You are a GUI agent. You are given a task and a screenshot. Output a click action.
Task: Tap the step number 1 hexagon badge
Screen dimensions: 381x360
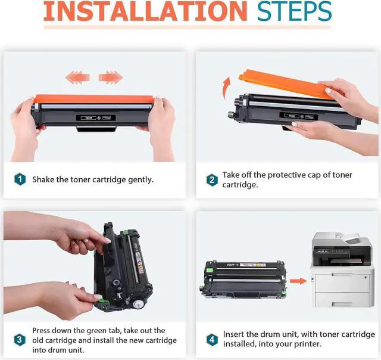pos(20,179)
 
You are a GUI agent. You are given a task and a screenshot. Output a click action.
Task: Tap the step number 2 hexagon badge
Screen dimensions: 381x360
pos(212,180)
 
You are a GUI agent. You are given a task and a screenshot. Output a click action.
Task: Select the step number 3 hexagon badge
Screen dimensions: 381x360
pos(20,340)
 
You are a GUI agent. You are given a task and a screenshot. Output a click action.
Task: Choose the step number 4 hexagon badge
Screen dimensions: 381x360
pos(212,339)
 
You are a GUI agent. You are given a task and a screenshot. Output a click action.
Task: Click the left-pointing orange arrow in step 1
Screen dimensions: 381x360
pos(77,77)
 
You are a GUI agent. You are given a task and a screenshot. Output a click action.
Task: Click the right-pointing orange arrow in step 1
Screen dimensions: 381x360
pos(111,77)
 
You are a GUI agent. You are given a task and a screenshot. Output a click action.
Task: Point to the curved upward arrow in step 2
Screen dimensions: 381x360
pos(226,88)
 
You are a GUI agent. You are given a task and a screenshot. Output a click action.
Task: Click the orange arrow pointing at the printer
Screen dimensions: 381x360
pos(298,281)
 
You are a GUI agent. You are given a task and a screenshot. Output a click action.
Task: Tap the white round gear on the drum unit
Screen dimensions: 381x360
pos(138,304)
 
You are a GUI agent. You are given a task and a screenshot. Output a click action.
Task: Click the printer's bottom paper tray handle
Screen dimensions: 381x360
pos(342,304)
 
